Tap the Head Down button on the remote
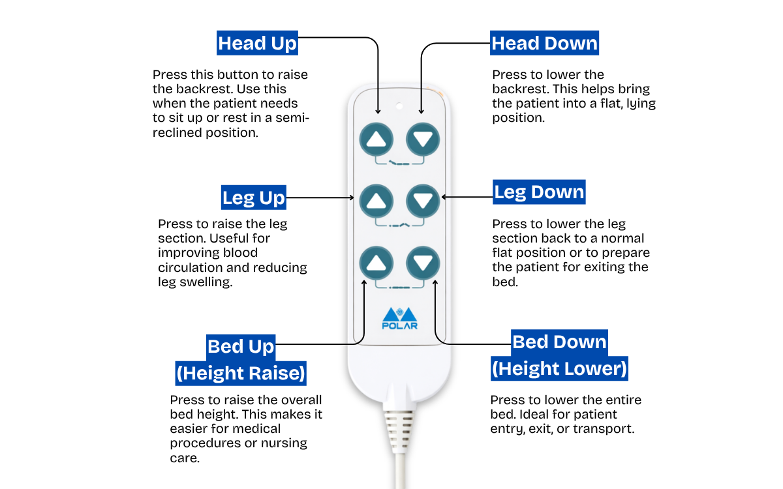pyautogui.click(x=423, y=139)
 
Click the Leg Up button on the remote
pyautogui.click(x=376, y=201)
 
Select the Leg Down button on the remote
pyautogui.click(x=423, y=201)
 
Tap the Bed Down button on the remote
pyautogui.click(x=423, y=263)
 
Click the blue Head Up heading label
pyautogui.click(x=257, y=44)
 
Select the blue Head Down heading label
pyautogui.click(x=544, y=44)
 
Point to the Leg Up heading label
pyautogui.click(x=253, y=198)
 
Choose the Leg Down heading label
pyautogui.click(x=539, y=192)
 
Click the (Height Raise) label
pyautogui.click(x=241, y=374)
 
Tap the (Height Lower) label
pyautogui.click(x=559, y=369)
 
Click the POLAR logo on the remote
pyautogui.click(x=399, y=318)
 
